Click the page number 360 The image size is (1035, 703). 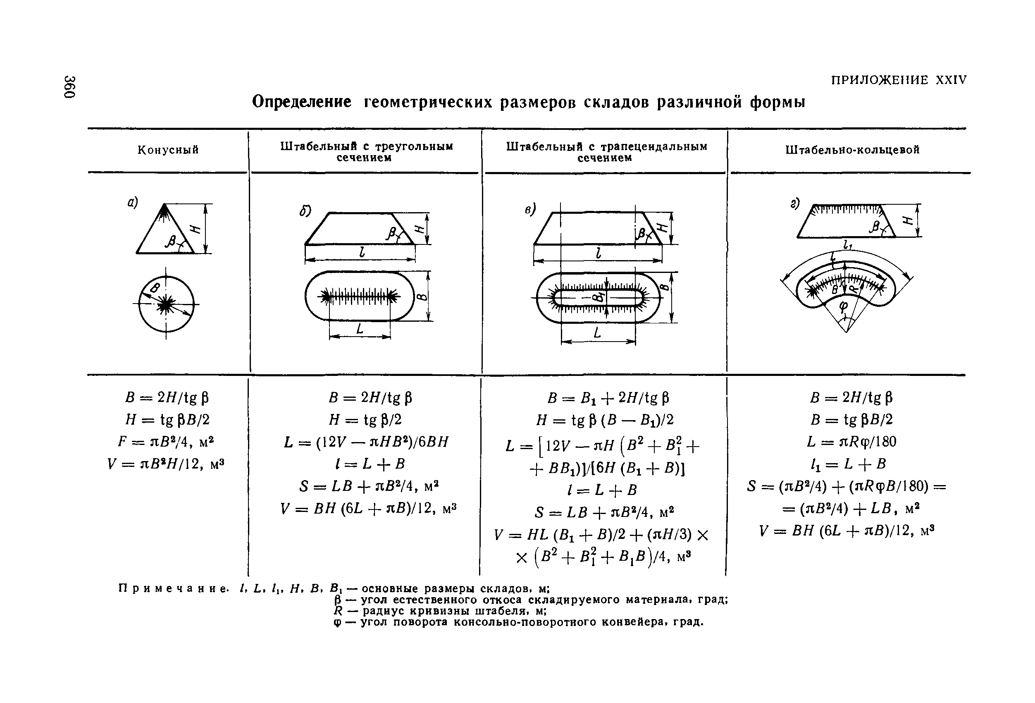pos(70,86)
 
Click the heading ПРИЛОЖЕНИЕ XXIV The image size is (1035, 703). pos(899,80)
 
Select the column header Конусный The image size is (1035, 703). pos(168,150)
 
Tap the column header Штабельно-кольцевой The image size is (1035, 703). pos(852,150)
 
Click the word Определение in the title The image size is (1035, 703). pos(301,102)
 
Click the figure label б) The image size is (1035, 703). pos(305,211)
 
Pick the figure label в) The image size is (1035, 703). pos(530,209)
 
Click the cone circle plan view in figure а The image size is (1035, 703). pos(166,304)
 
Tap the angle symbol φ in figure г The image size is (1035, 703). pos(844,306)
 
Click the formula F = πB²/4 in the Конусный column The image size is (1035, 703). pos(166,442)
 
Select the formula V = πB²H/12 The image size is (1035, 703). pos(166,464)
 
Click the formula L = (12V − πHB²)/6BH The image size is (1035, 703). pos(366,442)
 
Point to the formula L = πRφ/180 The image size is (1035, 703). pos(851,442)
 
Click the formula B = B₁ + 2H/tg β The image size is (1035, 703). pos(608,397)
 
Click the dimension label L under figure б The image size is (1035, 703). pos(360,329)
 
